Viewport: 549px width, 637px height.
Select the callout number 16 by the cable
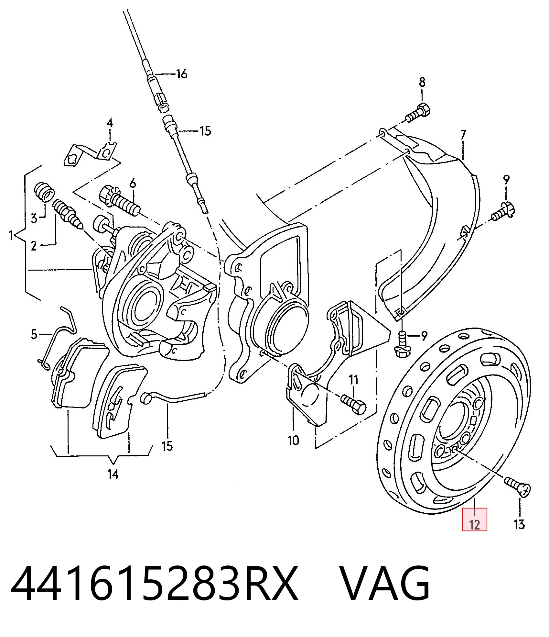[x=182, y=74]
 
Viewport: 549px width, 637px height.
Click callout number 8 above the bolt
[x=422, y=82]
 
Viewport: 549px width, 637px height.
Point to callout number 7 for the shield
[x=463, y=134]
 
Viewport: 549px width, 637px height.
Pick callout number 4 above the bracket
[x=110, y=123]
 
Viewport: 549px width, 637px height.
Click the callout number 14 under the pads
[x=113, y=475]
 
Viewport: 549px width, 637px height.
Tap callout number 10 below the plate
[x=293, y=440]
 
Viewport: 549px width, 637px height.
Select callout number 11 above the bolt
[x=353, y=379]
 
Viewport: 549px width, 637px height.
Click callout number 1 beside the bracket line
[x=11, y=235]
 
